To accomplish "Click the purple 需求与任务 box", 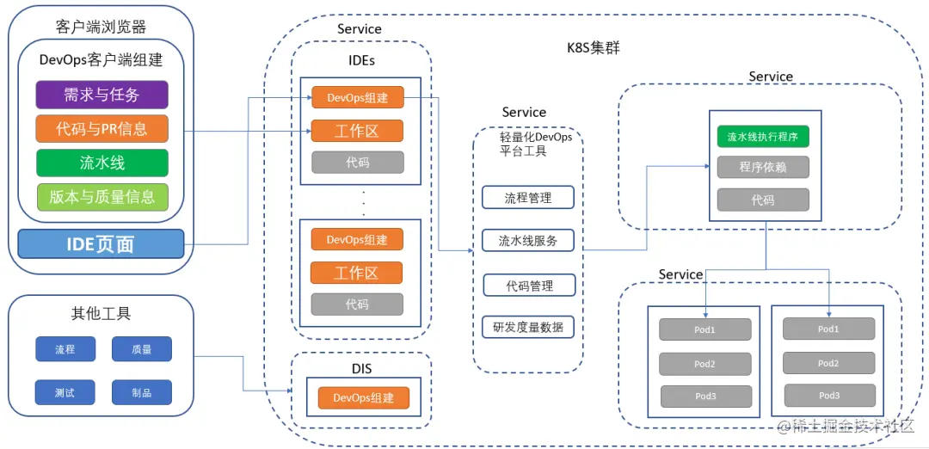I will [x=102, y=95].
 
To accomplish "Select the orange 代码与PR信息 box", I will [x=102, y=129].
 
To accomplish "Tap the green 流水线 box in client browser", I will [x=102, y=163].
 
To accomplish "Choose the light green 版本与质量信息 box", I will [x=102, y=197].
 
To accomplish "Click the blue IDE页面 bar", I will [x=101, y=244].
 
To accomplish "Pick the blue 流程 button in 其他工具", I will [x=65, y=349].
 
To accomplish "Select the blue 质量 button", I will [x=141, y=349].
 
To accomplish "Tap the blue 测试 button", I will [x=65, y=392].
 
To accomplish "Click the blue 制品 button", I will [x=141, y=392].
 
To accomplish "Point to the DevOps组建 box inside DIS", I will [x=363, y=398].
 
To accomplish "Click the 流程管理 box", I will [x=528, y=197].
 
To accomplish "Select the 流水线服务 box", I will [x=528, y=241].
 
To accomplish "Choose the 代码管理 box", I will [x=529, y=286].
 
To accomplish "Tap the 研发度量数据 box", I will [x=528, y=327].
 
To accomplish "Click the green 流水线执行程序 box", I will [x=763, y=136].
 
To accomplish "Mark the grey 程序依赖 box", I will [x=763, y=168].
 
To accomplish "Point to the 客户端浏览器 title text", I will [x=101, y=27].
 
